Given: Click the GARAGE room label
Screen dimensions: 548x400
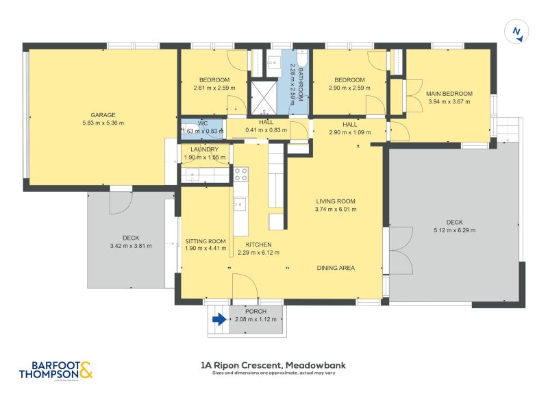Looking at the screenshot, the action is point(103,115).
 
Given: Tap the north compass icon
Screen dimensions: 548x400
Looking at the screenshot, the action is point(516,32).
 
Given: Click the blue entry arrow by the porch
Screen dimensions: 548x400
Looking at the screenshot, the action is point(219,319).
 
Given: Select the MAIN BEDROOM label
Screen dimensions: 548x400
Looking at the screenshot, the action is point(449,94).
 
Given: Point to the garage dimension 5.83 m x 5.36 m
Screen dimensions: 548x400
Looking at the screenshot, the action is point(103,123).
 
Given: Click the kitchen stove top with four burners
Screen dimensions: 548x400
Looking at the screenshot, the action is point(241,174).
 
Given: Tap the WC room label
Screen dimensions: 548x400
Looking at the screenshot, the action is point(203,123).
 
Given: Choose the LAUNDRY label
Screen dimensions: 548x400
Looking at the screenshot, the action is point(204,149).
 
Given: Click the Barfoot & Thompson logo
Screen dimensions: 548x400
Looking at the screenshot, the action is point(56,371).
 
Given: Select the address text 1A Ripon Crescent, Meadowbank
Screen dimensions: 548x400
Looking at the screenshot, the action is point(273,366).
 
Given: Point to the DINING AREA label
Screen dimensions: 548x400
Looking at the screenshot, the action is point(336,268).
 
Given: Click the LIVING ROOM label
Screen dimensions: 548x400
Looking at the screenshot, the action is point(336,201).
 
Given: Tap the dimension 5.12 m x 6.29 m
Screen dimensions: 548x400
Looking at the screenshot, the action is point(454,230).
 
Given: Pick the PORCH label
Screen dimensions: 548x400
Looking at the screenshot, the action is point(256,311).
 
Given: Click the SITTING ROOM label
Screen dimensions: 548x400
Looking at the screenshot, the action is point(206,241).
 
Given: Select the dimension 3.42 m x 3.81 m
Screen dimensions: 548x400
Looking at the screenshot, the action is point(131,246).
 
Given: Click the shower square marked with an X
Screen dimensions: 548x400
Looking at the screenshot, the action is point(264,97).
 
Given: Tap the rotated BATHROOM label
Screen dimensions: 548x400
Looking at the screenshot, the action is point(300,85).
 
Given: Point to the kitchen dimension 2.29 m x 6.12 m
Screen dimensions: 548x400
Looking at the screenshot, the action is point(259,253).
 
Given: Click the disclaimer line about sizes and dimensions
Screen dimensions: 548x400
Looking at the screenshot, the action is point(273,373).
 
